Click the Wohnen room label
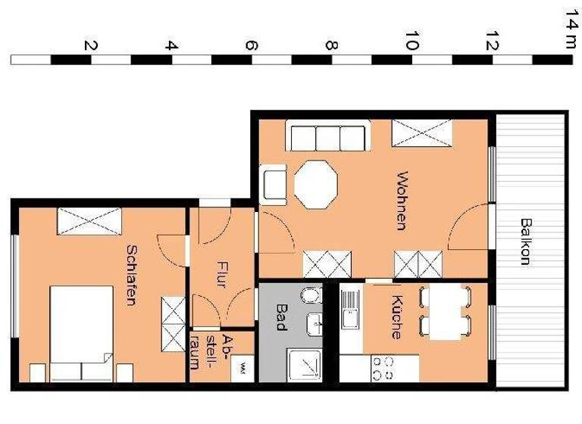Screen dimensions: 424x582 [402, 200]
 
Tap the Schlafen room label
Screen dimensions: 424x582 [131, 274]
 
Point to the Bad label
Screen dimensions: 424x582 [281, 313]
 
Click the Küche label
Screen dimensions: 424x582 [396, 316]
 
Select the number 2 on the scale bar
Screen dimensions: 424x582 [91, 45]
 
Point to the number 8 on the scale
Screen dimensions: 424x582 [331, 45]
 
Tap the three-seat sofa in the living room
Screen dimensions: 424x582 [327, 138]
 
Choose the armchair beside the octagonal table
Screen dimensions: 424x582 [274, 184]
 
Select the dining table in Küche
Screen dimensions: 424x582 [445, 310]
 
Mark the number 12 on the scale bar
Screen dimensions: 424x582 [492, 42]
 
